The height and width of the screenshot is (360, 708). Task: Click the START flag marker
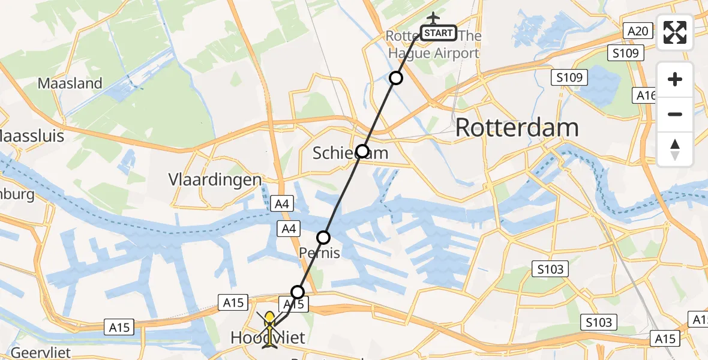pos(439,33)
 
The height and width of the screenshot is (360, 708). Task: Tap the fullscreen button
pos(675,32)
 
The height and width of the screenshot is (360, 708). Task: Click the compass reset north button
pos(675,149)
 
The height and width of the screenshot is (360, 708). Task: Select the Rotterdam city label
pos(517,128)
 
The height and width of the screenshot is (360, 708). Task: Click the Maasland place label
pos(70,83)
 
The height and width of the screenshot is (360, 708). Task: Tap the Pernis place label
pos(320,253)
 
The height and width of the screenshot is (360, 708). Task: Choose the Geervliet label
pos(28,352)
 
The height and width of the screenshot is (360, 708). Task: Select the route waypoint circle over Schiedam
pos(362,151)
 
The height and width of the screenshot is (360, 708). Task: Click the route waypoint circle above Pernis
pos(323,238)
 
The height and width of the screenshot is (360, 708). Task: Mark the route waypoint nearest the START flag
pos(395,77)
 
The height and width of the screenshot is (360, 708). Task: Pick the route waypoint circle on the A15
pos(298,292)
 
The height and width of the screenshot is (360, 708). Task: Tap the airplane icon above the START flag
pos(432,17)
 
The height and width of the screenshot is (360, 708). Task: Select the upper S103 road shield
pos(550,269)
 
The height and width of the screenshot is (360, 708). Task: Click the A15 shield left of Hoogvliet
pos(119,327)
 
